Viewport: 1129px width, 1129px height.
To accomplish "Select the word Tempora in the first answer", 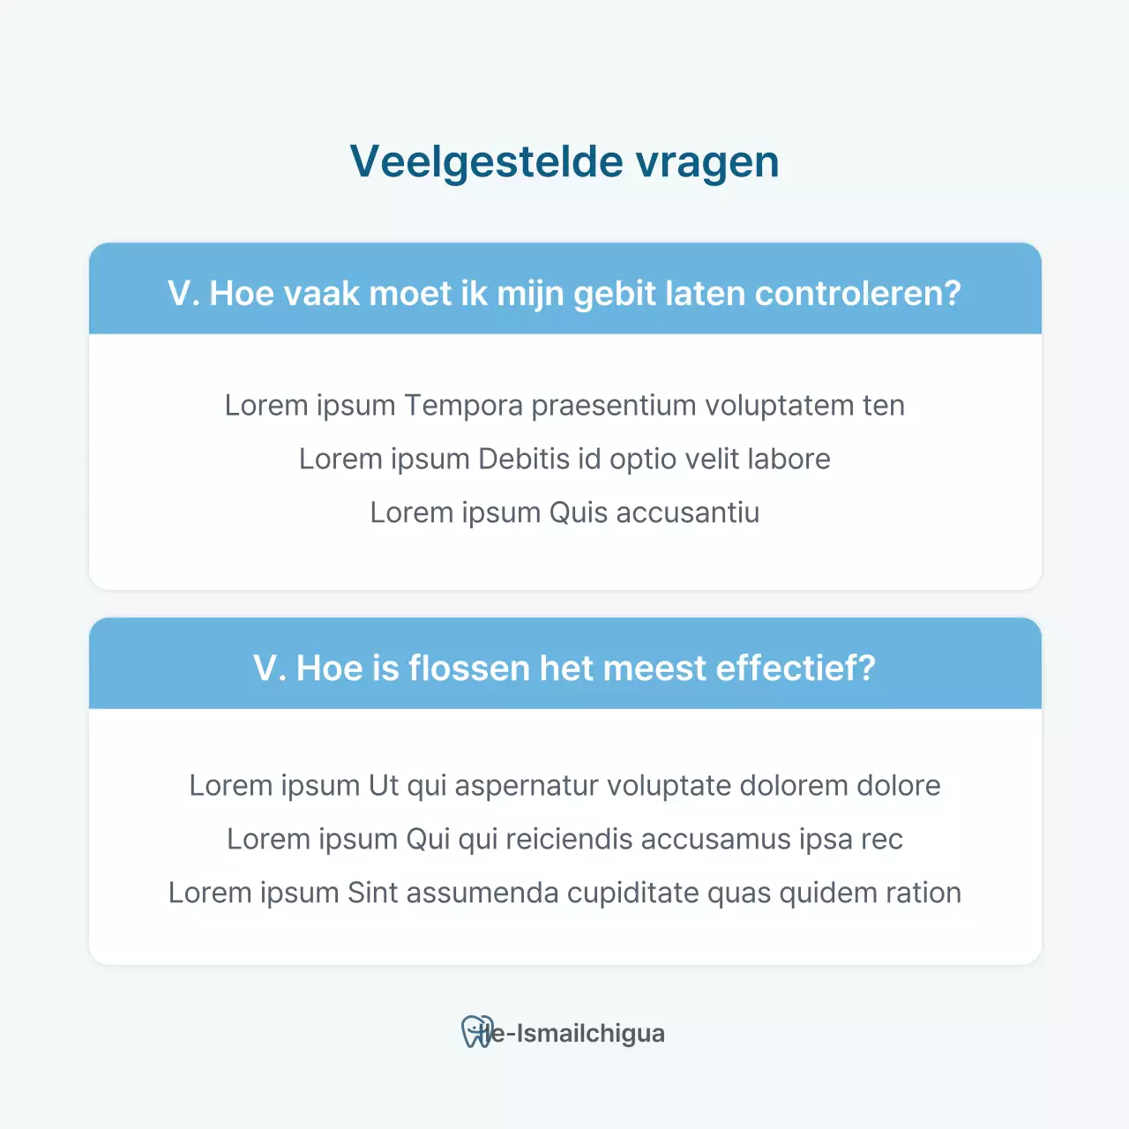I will tap(463, 406).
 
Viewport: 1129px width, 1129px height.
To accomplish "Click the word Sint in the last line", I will tap(373, 893).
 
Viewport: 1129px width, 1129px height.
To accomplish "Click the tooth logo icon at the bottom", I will tap(477, 1032).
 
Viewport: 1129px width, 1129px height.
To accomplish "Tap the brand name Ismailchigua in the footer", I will tap(590, 1034).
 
